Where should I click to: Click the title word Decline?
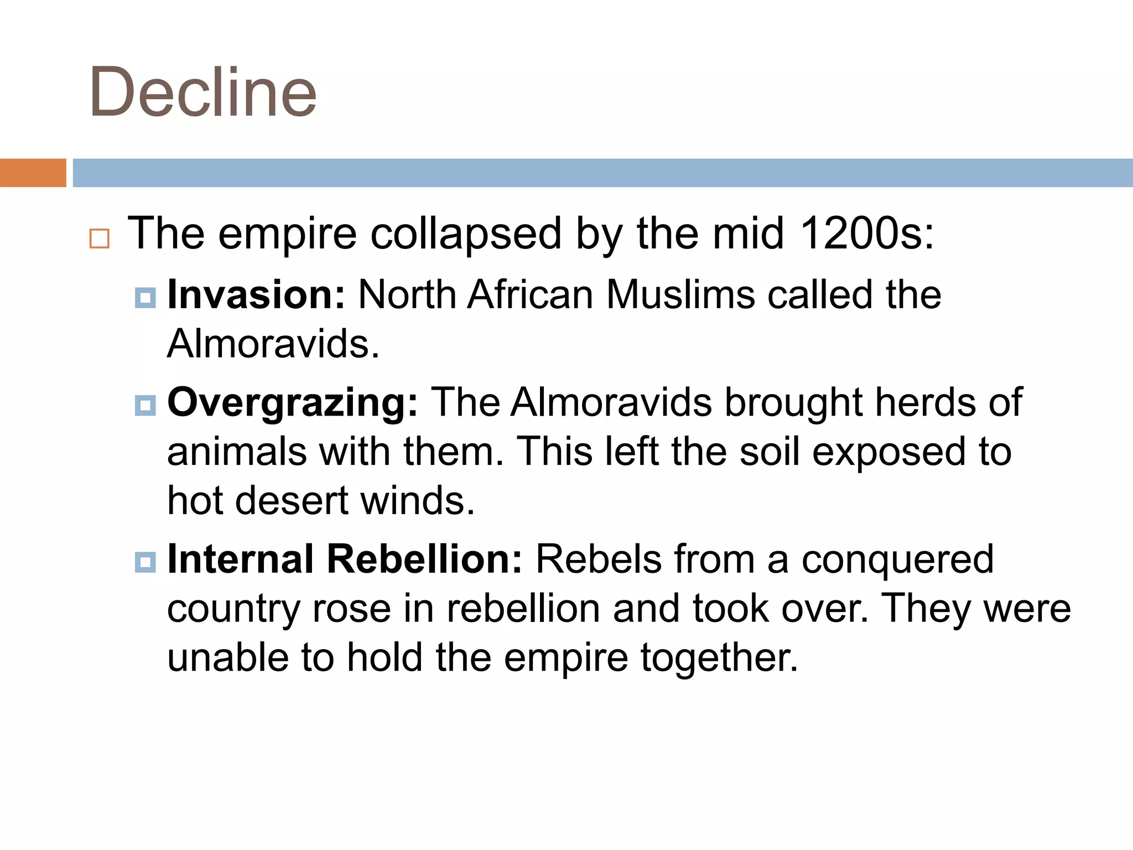pyautogui.click(x=202, y=93)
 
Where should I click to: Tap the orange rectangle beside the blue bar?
pyautogui.click(x=33, y=173)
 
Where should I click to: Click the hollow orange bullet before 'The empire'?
pyautogui.click(x=100, y=239)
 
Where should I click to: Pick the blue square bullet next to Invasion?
pyautogui.click(x=145, y=297)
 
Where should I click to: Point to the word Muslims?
pyautogui.click(x=680, y=294)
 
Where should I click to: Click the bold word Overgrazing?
pyautogui.click(x=293, y=402)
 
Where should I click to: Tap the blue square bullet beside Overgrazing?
pyautogui.click(x=145, y=406)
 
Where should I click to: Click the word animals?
pyautogui.click(x=237, y=452)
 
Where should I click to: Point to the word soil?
pyautogui.click(x=770, y=452)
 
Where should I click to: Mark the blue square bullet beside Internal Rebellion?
pyautogui.click(x=145, y=563)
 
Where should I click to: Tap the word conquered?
pyautogui.click(x=897, y=560)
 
